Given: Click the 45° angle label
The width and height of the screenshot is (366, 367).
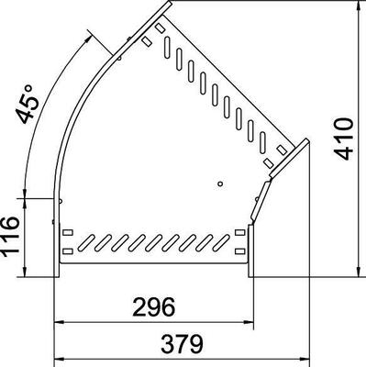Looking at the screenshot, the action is [28, 104].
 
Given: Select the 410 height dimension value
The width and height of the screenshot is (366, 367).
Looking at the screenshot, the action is [344, 139].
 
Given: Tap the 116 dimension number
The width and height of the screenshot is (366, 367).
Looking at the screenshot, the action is [11, 235].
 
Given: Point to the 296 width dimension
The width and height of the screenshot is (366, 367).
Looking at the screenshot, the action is [154, 307].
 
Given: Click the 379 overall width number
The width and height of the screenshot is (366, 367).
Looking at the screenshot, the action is [183, 344].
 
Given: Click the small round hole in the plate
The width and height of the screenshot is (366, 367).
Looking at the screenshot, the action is [220, 183].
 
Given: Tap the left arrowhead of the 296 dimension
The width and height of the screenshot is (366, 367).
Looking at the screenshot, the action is [59, 322].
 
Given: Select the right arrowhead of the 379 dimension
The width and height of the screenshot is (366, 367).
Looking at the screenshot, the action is [305, 359].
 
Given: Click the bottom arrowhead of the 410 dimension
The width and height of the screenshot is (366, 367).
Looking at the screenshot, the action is [359, 272].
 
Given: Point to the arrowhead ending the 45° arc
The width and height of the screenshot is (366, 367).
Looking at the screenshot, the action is [88, 38].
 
